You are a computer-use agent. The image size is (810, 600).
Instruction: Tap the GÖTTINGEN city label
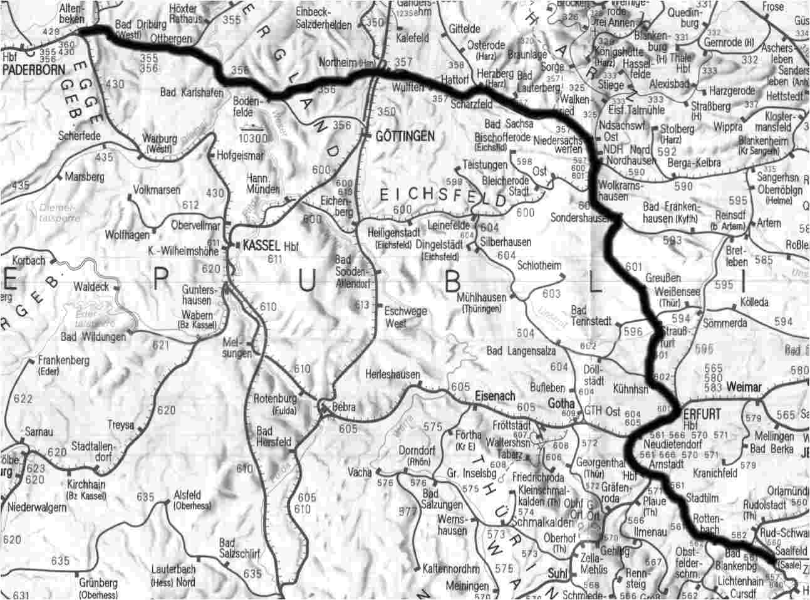coord(405,136)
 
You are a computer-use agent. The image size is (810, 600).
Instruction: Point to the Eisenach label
coord(496,396)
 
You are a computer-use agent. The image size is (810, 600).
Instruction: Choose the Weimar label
coord(745,387)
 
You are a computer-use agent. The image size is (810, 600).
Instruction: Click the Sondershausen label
coord(581,218)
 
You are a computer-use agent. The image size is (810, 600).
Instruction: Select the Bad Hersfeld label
coord(274,436)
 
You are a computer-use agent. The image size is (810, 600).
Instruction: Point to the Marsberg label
coord(85,177)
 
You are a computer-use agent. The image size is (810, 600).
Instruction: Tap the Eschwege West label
coord(405,317)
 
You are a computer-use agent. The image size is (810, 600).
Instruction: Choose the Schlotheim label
coord(539,265)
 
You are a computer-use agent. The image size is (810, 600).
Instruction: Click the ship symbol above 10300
coord(252,125)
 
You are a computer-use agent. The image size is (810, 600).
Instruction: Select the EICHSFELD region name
coord(443,197)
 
